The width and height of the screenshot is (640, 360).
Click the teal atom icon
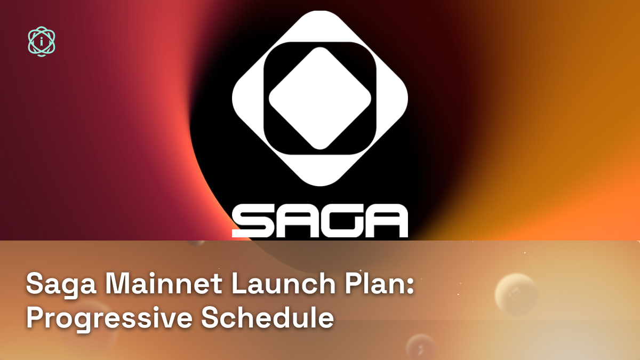(x=42, y=42)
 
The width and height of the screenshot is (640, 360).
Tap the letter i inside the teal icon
(x=42, y=42)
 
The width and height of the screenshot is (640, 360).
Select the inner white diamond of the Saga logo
(x=320, y=98)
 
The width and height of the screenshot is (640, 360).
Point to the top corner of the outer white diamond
(x=320, y=11)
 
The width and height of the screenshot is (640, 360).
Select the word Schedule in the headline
(x=267, y=317)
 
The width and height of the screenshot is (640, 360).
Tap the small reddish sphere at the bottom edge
(x=421, y=347)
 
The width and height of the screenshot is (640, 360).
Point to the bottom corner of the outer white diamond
(x=320, y=186)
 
